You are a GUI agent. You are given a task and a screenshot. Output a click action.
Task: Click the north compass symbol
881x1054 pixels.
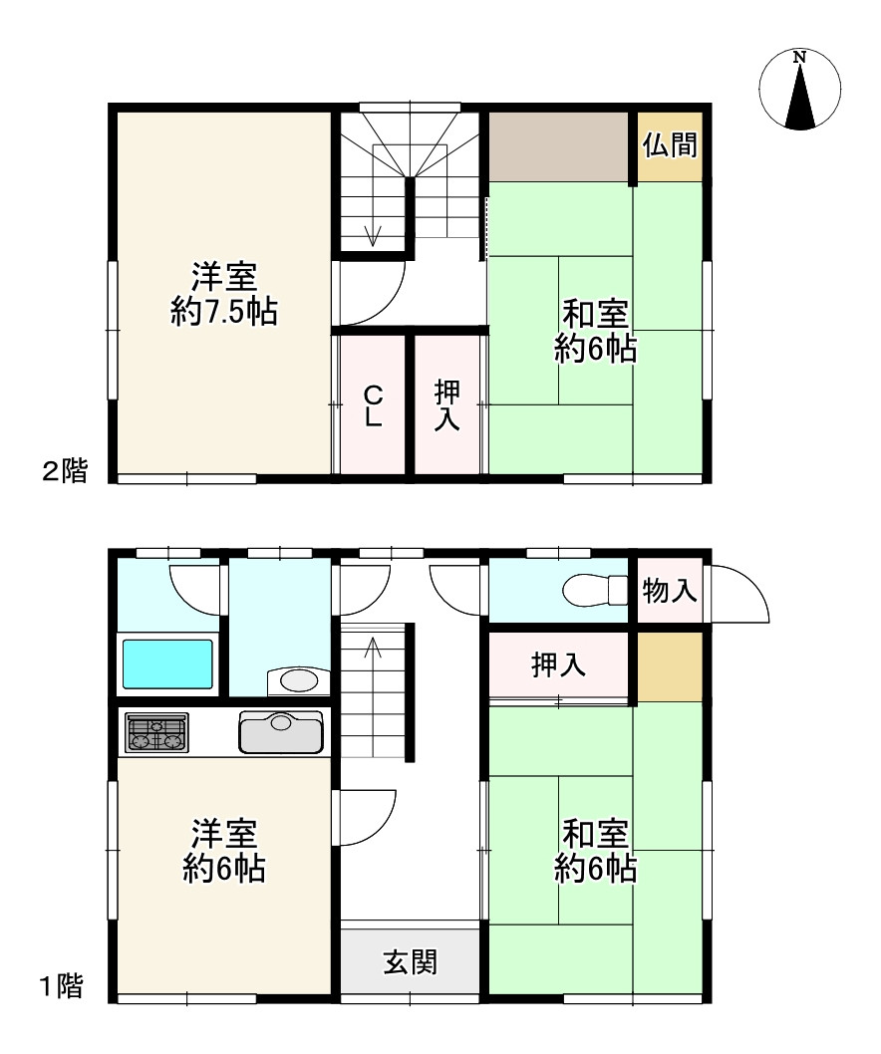point(799,89)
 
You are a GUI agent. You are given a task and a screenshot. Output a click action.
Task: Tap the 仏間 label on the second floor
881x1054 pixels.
point(670,144)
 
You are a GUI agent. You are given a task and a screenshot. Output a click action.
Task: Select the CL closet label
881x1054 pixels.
point(374,405)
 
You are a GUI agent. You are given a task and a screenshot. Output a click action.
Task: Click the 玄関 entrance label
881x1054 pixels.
point(411,962)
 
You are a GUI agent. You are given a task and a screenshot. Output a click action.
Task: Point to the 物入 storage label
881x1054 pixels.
point(669,591)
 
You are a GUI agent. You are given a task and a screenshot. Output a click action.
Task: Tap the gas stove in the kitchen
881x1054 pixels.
point(157,732)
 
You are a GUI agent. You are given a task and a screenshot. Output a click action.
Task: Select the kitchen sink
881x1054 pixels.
point(281,732)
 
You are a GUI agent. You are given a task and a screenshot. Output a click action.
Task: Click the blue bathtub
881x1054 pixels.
point(167,664)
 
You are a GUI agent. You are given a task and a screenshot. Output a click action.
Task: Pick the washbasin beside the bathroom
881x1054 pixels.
point(298,681)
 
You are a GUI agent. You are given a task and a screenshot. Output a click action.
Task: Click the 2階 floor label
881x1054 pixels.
point(65,470)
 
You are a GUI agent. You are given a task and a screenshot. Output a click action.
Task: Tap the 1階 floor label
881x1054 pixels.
point(61,987)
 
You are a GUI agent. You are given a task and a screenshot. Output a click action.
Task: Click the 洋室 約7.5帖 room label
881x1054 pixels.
point(224,294)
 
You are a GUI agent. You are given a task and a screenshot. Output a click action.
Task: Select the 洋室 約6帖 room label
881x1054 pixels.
point(224,851)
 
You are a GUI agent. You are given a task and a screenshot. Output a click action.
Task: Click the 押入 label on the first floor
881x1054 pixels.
point(558,664)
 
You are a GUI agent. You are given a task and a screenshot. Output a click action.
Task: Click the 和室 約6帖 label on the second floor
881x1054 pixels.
point(595,332)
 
